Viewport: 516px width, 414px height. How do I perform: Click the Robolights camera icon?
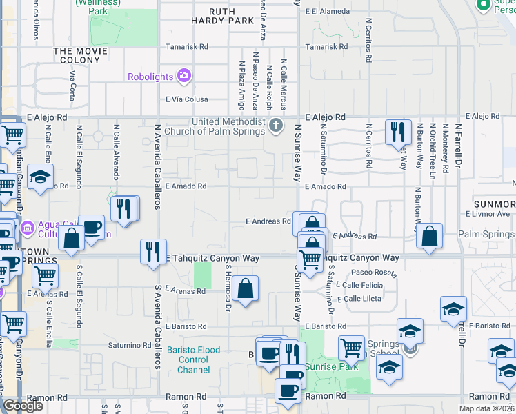click(x=184, y=76)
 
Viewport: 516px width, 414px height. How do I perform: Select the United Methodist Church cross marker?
click(x=277, y=126)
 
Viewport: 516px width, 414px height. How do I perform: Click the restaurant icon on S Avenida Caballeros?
click(x=153, y=251)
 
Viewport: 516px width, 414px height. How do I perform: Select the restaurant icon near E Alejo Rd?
click(x=398, y=132)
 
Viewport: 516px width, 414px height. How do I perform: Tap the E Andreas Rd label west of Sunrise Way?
click(x=269, y=221)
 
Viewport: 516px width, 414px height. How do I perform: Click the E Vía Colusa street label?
click(x=187, y=99)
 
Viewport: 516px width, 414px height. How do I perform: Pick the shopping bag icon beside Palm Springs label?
click(x=429, y=237)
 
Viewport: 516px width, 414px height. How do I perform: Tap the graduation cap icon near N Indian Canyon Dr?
click(x=40, y=176)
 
